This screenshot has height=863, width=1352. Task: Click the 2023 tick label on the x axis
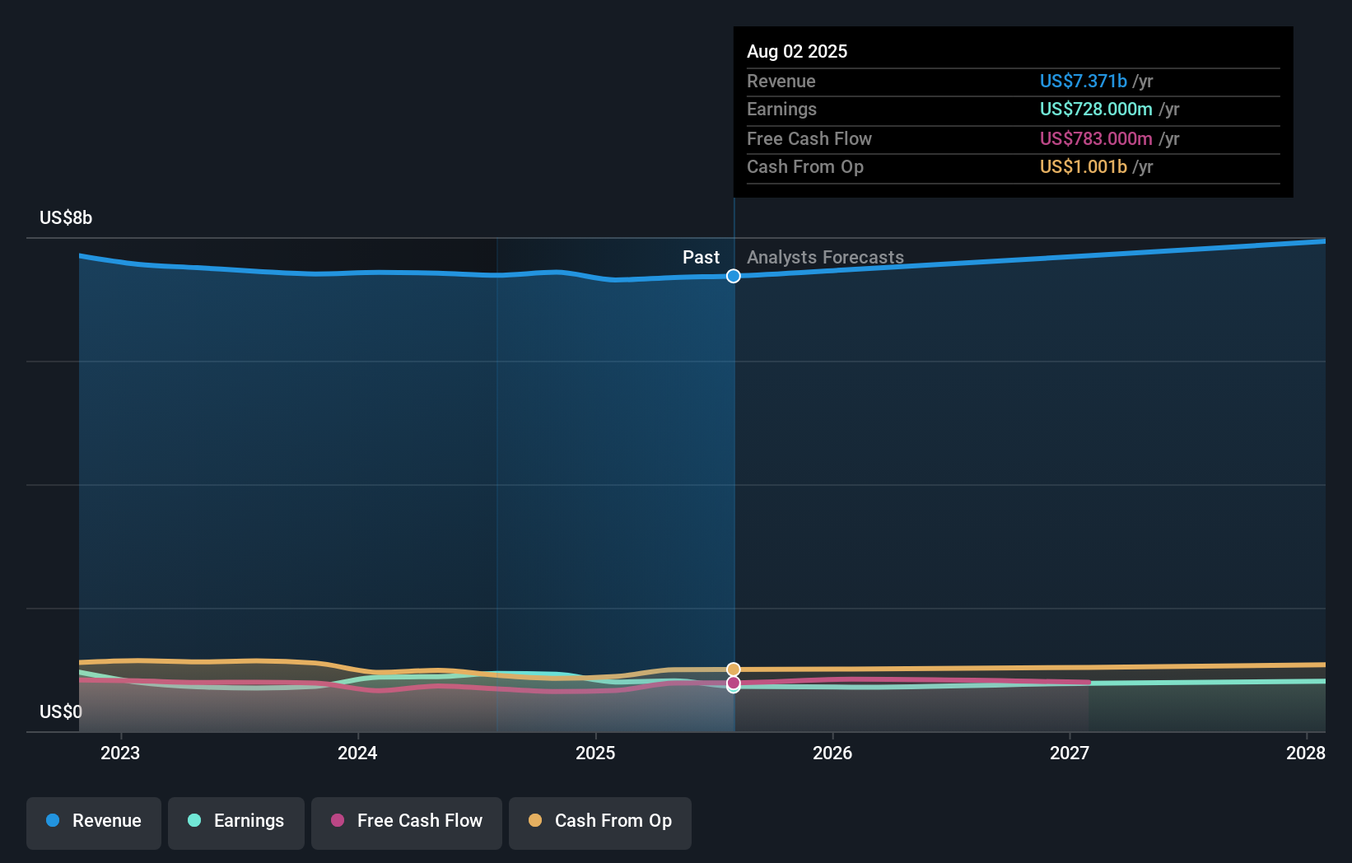(120, 753)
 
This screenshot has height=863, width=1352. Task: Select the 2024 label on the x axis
(357, 753)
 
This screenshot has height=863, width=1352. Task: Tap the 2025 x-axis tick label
(595, 753)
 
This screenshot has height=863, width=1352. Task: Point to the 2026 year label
(832, 753)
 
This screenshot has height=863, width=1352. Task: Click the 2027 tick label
(1070, 753)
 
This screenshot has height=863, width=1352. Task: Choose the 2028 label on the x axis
(1306, 753)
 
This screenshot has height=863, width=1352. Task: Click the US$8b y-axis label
(66, 218)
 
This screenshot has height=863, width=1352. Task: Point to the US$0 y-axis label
(61, 711)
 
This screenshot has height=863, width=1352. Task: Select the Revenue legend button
(94, 821)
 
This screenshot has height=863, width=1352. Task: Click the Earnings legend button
(236, 821)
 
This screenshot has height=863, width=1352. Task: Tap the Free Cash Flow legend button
(407, 821)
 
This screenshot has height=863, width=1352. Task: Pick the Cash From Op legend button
(600, 821)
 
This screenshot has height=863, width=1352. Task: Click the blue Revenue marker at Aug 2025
(734, 276)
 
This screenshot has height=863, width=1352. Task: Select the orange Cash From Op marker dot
(734, 669)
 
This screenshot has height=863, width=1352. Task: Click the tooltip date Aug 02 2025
(797, 51)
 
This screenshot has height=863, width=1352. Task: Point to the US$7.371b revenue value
(1083, 81)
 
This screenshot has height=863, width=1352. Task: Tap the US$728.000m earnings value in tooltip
(1096, 110)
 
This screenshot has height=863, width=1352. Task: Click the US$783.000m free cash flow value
(1096, 138)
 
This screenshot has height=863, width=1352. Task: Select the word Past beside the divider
(701, 258)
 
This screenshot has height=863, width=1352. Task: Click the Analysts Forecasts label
(825, 258)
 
